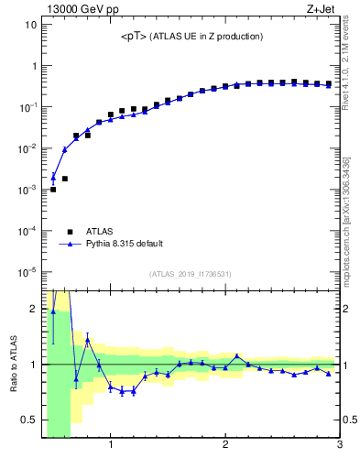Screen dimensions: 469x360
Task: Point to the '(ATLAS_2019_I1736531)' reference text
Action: [191, 274]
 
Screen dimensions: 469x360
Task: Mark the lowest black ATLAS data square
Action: [53, 190]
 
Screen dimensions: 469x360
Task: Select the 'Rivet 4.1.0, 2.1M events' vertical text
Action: [352, 73]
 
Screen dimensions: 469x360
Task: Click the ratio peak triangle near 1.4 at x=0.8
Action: [88, 340]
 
